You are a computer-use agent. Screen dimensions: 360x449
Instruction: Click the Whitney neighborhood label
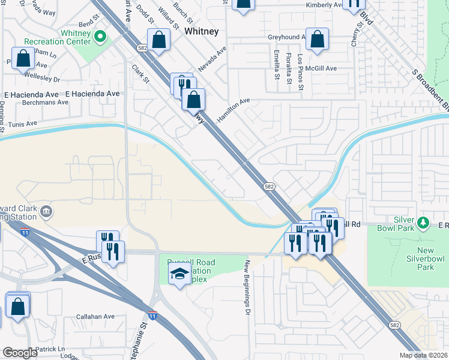(x=201, y=31)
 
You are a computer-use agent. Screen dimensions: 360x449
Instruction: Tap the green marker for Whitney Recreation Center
(x=101, y=38)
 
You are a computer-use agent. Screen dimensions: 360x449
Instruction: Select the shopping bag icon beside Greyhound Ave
(x=317, y=40)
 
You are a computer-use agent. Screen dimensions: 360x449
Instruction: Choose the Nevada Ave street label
(x=211, y=60)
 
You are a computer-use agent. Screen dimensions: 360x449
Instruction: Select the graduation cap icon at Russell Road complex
(x=179, y=274)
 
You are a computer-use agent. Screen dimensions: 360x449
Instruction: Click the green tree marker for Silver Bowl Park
(x=423, y=223)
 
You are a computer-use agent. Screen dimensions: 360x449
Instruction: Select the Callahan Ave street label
(x=95, y=316)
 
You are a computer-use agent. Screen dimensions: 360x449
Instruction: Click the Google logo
(x=20, y=353)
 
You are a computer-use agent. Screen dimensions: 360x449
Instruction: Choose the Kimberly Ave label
(x=325, y=5)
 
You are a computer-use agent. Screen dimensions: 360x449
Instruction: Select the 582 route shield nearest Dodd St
(x=142, y=46)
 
